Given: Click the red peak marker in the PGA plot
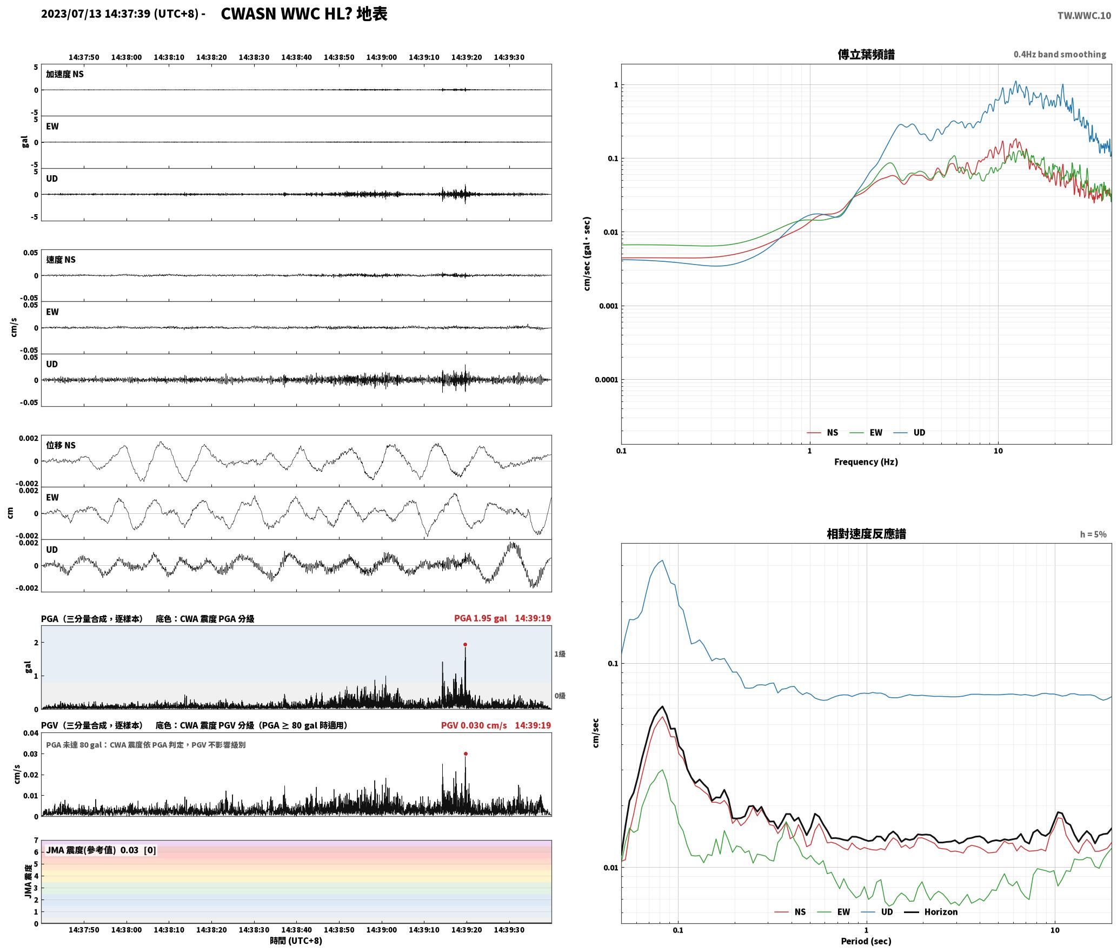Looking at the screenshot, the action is [465, 644].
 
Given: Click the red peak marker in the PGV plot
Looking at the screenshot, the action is [466, 753].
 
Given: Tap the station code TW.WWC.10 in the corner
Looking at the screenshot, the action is [1084, 16].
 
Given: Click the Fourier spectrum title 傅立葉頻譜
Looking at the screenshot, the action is [866, 54].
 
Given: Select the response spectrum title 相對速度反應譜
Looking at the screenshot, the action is [866, 534].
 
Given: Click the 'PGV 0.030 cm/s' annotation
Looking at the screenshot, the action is [474, 725].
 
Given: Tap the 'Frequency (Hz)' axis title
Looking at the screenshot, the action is [866, 461].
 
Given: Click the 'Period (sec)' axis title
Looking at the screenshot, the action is [866, 941].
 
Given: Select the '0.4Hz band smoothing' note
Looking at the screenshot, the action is [1060, 54].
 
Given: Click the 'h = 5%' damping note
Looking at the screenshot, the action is [1093, 534].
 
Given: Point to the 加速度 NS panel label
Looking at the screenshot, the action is [65, 74].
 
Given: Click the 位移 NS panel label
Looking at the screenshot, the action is [61, 445].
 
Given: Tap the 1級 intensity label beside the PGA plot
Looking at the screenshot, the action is [560, 654].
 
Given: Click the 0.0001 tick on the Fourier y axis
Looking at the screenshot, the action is [606, 380].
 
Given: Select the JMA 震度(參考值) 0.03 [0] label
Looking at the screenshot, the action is [101, 850].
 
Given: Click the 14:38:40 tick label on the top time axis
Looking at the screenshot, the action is [296, 57].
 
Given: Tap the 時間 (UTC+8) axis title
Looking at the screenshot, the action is [296, 941].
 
